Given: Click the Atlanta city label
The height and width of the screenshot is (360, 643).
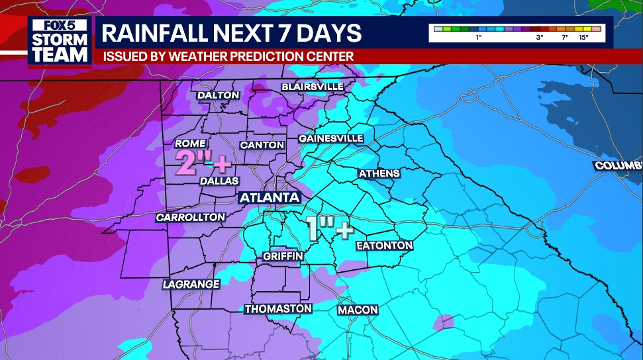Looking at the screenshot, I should point(270,198).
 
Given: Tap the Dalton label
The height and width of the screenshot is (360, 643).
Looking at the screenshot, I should point(218,95).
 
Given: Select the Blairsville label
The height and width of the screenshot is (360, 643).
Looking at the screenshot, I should point(313,87).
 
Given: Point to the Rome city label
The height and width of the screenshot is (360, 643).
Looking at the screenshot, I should point(189,144).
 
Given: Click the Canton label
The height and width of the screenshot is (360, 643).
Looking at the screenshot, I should point(262,145).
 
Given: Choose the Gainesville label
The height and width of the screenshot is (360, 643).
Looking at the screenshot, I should point(331,138).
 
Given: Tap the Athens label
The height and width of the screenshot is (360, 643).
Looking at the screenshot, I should point(379,173).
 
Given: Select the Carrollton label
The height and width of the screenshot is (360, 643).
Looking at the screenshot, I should point(191,217).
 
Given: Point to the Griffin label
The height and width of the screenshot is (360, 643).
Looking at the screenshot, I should point(283,255).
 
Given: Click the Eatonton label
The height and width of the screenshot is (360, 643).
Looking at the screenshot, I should point(384,246).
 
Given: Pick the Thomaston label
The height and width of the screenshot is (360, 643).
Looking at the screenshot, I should point(278,309).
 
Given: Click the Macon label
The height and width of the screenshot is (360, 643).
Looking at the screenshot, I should point(358,310).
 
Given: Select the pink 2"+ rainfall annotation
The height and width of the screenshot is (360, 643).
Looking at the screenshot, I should point(199,161).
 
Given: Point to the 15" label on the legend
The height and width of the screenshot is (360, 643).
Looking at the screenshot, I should point(584,38).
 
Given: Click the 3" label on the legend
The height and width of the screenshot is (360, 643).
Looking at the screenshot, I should point(540,38).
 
